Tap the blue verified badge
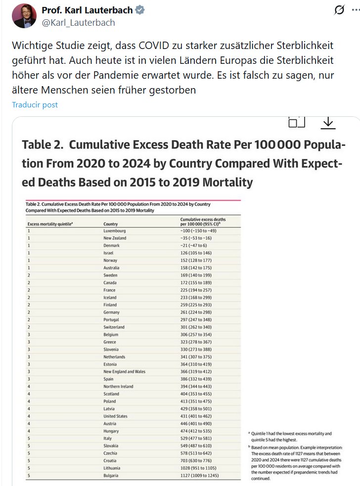[140, 10]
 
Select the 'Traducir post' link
[35, 105]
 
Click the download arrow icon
[328, 123]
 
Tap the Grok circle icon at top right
[339, 10]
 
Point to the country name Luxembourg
[115, 231]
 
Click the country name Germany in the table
[112, 312]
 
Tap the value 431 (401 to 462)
[199, 416]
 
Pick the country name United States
[115, 416]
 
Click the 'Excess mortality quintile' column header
[50, 224]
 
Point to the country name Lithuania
[113, 468]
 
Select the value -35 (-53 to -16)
[199, 238]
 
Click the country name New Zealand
[115, 238]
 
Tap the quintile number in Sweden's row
[29, 275]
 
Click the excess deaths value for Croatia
[199, 461]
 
